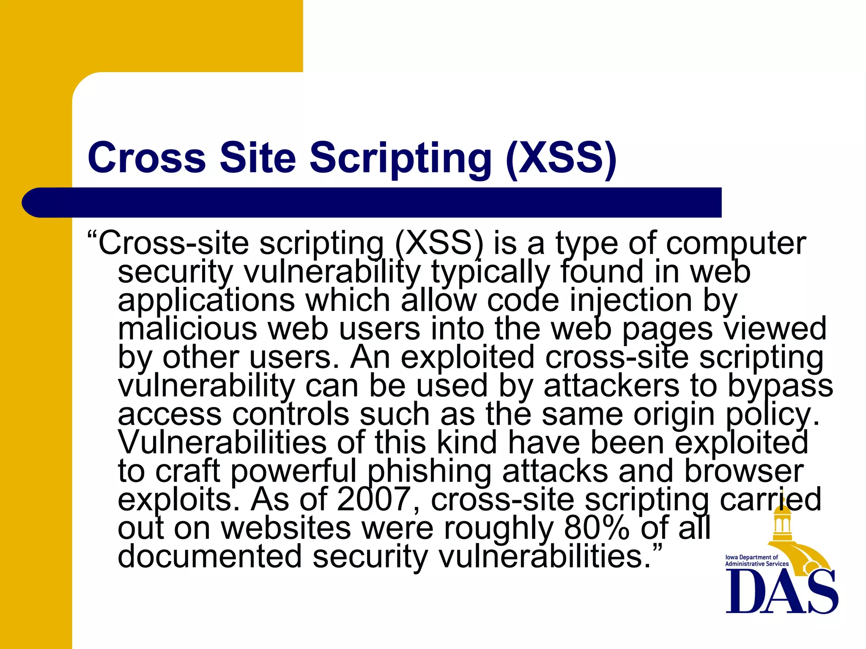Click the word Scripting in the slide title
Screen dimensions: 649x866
pos(400,158)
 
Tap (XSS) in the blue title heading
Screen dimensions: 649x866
pos(561,158)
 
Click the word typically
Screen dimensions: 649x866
pos(491,273)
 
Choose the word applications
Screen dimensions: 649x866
pos(206,301)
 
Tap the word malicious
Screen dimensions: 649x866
pos(187,329)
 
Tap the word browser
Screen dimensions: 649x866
pos(744,472)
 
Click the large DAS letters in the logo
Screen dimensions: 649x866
pos(781,592)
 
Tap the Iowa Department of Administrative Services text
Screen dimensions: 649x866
pos(756,561)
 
